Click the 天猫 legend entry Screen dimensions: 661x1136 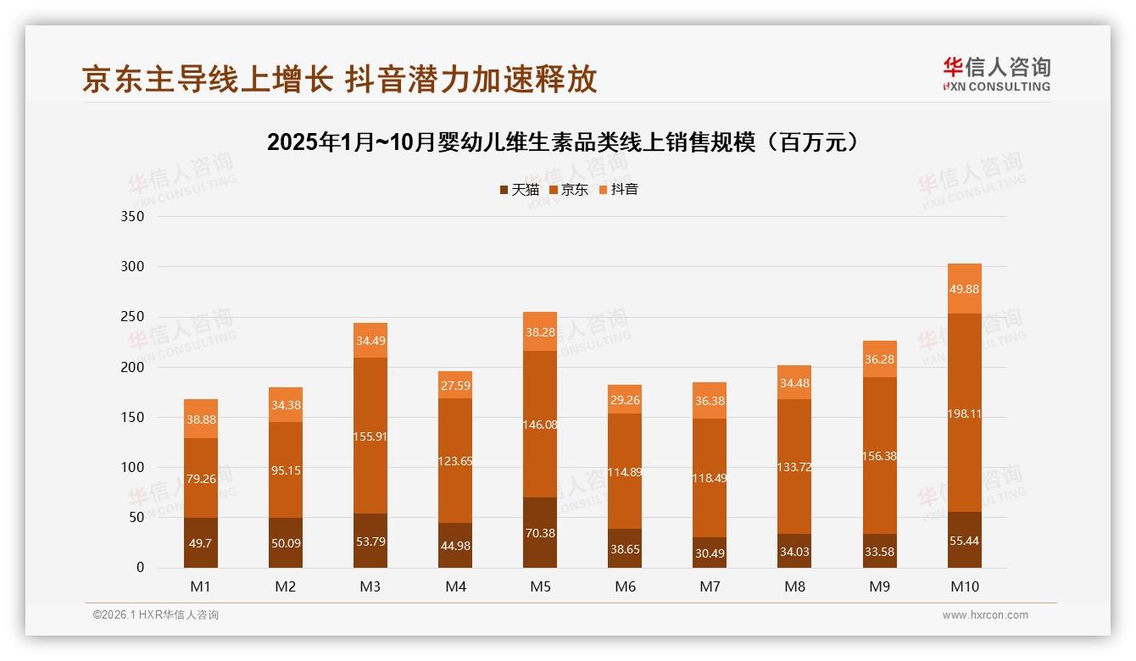tap(519, 190)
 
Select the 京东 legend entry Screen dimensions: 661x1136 tap(569, 190)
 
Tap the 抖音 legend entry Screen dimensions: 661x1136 tap(618, 190)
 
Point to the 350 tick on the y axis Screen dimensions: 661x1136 tap(134, 217)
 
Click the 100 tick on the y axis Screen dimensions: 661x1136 tap(134, 468)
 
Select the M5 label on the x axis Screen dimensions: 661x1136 tap(540, 586)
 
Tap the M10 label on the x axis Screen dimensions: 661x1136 tap(964, 586)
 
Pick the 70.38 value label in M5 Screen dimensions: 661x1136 tap(540, 533)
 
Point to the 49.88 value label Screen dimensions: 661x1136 tap(965, 289)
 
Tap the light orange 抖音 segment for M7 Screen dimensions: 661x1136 tap(710, 401)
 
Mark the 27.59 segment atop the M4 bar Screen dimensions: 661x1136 tap(455, 385)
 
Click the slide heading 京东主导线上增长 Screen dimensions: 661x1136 tap(339, 79)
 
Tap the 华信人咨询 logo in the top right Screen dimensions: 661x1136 tap(996, 75)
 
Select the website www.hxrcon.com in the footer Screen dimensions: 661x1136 tap(985, 615)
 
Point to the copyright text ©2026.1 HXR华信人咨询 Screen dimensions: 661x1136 tap(156, 615)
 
